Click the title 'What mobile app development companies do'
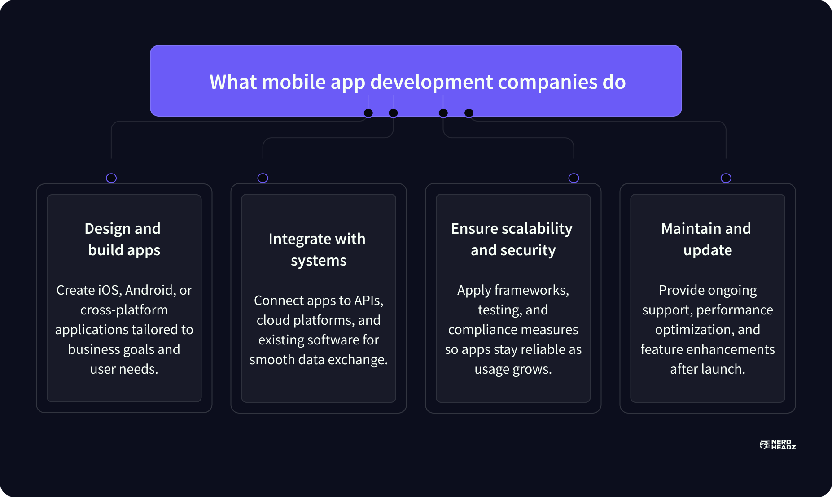pyautogui.click(x=417, y=82)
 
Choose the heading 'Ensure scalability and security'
pyautogui.click(x=512, y=239)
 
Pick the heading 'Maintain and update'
pyautogui.click(x=707, y=239)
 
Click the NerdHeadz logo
pyautogui.click(x=778, y=445)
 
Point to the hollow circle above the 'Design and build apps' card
pyautogui.click(x=111, y=178)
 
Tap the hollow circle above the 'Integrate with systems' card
pyautogui.click(x=263, y=178)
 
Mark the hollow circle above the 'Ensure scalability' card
pyautogui.click(x=574, y=178)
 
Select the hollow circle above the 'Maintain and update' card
pyautogui.click(x=726, y=178)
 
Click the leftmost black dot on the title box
pyautogui.click(x=368, y=113)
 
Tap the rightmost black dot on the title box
pyautogui.click(x=469, y=113)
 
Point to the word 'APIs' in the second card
pyautogui.click(x=369, y=301)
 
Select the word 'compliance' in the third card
pyautogui.click(x=479, y=330)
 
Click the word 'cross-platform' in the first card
pyautogui.click(x=124, y=310)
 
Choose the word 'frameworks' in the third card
pyautogui.click(x=532, y=290)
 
